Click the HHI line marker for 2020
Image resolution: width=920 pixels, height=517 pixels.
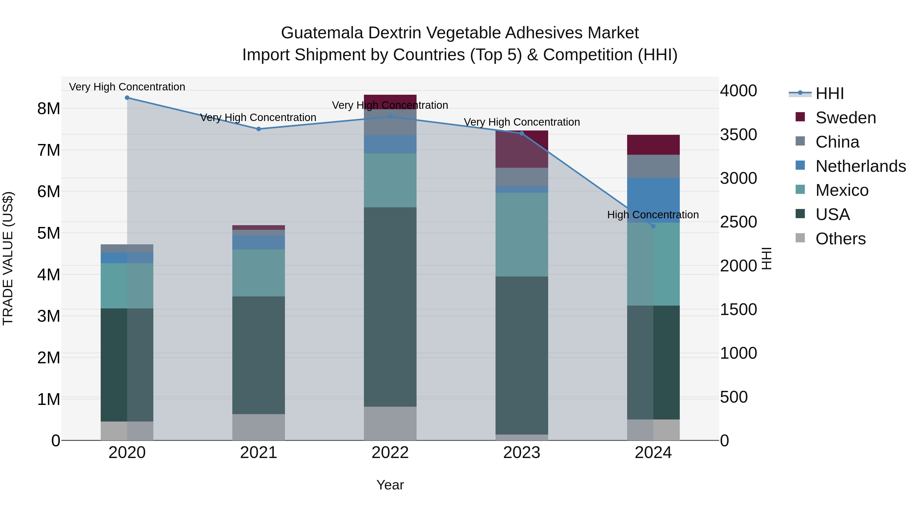click(x=127, y=98)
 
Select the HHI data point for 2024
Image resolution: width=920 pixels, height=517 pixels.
click(x=653, y=226)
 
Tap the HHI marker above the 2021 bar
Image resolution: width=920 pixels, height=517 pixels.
click(x=259, y=129)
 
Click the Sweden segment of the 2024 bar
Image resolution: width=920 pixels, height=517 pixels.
click(x=653, y=145)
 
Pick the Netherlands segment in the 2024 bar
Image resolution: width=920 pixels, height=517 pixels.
click(x=653, y=200)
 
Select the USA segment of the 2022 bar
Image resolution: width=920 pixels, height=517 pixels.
click(x=390, y=307)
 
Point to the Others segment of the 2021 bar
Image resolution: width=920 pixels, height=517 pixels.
click(x=259, y=427)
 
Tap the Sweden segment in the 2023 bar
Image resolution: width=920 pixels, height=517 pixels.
click(x=521, y=149)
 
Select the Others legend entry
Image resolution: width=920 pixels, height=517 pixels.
click(x=840, y=239)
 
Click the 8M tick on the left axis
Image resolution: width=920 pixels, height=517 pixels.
click(x=49, y=109)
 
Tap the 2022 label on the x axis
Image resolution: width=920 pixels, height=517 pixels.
click(x=390, y=453)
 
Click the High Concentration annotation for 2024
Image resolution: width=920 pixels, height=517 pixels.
click(x=653, y=215)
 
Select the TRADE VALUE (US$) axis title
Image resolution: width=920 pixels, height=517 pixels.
click(x=8, y=258)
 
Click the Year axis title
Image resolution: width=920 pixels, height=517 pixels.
click(x=390, y=485)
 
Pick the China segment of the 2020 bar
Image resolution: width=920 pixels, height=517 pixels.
click(x=127, y=249)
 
